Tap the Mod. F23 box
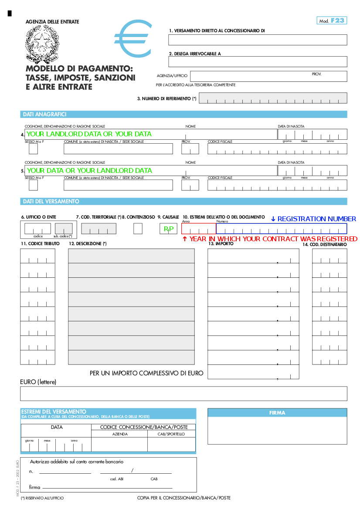click(332, 20)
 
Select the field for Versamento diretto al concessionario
click(258, 40)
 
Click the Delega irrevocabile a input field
click(258, 61)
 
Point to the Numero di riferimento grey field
click(273, 98)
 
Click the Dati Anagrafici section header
click(183, 115)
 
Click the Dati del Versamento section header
click(183, 202)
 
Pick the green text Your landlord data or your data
click(89, 134)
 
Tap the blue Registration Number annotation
click(313, 219)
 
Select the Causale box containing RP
click(168, 229)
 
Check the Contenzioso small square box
click(138, 229)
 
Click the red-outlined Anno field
click(199, 229)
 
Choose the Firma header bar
click(277, 413)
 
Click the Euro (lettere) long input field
click(183, 394)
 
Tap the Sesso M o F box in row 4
click(33, 149)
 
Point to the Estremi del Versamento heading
click(54, 411)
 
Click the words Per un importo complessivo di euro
click(146, 373)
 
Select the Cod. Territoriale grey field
click(98, 229)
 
